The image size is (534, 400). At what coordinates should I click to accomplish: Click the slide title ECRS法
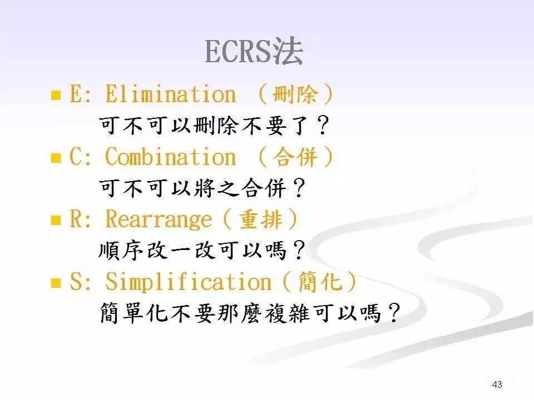coord(254,53)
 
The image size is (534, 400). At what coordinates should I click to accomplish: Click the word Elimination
coord(170,94)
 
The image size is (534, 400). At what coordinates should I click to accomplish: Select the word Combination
coord(170,157)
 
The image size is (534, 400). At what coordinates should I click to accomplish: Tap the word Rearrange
coord(159,220)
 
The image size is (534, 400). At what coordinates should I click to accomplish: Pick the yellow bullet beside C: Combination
coord(56,158)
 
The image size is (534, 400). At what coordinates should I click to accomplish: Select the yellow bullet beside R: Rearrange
coord(56,221)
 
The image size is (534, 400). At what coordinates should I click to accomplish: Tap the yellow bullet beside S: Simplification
coord(56,283)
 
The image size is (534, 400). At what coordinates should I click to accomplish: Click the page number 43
coord(497,384)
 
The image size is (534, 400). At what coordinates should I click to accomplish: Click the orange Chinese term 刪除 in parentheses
coord(295,95)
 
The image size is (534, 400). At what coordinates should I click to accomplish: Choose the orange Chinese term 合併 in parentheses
coord(295,158)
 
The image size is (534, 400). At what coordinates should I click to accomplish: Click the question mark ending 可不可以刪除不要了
coord(322,127)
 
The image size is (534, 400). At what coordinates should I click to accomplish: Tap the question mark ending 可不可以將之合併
coord(299,190)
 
